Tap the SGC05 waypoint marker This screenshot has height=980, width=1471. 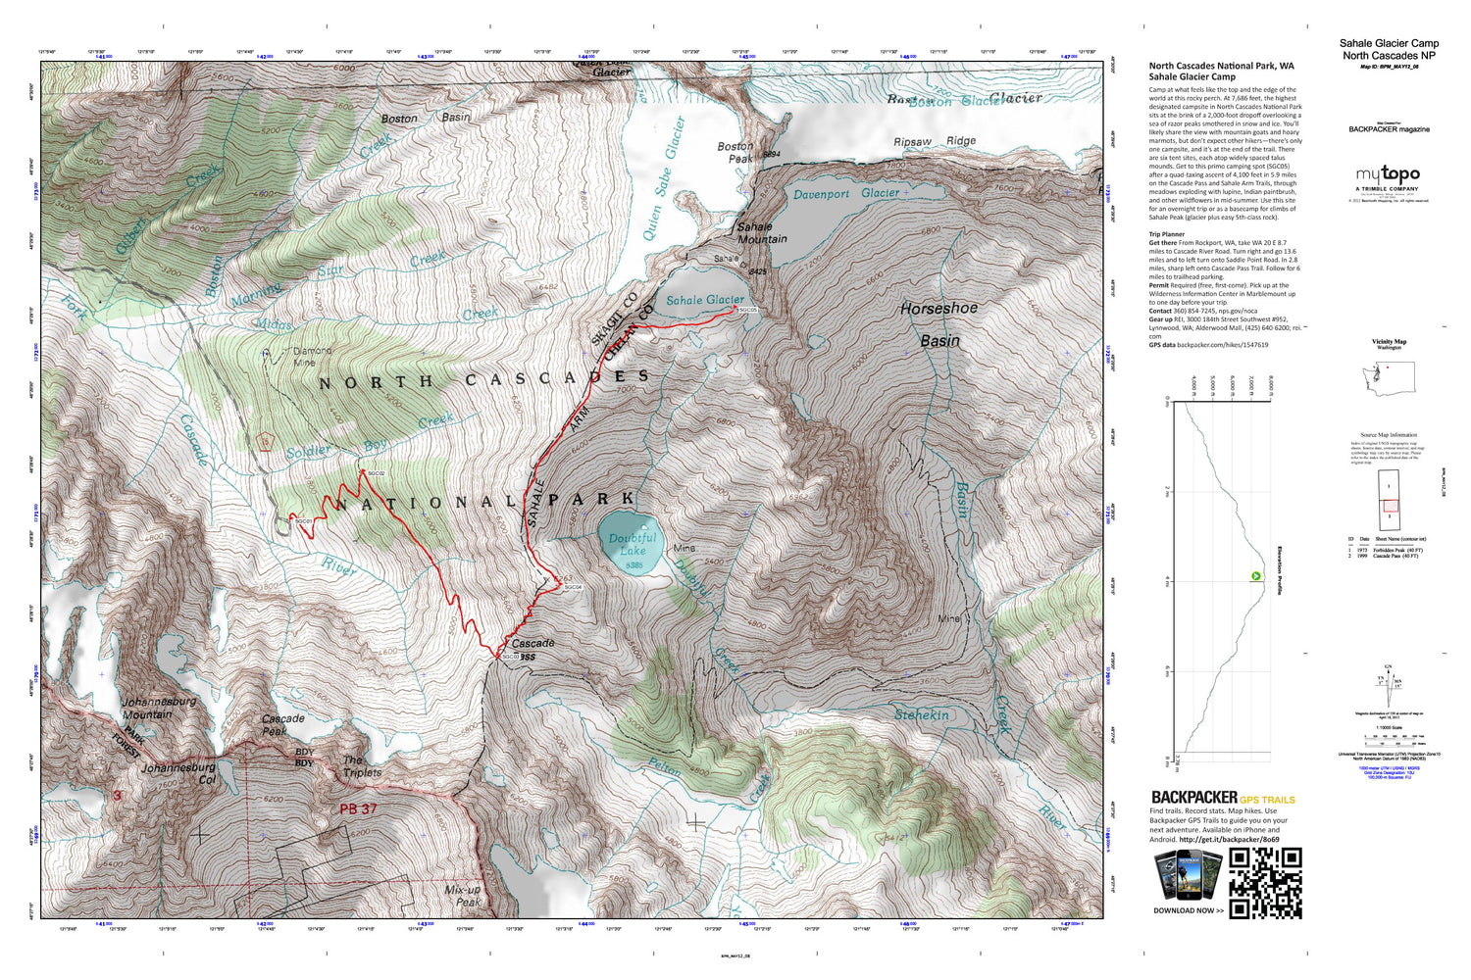(x=735, y=308)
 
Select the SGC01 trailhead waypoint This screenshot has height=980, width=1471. (x=291, y=515)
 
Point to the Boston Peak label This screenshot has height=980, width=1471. (x=735, y=152)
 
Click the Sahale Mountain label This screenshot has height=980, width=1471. (x=762, y=232)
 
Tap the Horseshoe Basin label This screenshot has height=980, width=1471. (x=939, y=323)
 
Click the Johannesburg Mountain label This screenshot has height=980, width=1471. (x=159, y=708)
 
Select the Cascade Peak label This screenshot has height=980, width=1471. (x=282, y=724)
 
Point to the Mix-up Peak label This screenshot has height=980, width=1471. (x=463, y=896)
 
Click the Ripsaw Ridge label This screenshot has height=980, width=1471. (x=935, y=141)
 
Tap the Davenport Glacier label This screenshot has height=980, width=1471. (x=845, y=194)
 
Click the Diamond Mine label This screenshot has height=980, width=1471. (x=313, y=356)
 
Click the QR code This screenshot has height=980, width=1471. (x=1265, y=883)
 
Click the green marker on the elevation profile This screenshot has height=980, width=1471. (x=1255, y=575)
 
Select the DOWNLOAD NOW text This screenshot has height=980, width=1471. (x=1189, y=910)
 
